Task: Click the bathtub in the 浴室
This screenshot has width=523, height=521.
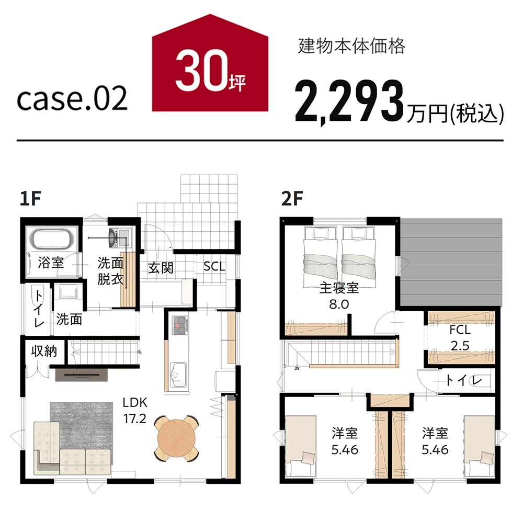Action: [51, 238]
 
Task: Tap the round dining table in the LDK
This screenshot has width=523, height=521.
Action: [176, 438]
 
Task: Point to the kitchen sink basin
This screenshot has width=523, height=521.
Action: [178, 375]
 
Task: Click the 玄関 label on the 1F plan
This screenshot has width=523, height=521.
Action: [161, 268]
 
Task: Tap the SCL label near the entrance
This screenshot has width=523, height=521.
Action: [214, 266]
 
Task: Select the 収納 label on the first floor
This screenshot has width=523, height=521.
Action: [44, 351]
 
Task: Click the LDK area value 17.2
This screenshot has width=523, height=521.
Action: [135, 419]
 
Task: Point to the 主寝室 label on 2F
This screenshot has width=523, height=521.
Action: [339, 288]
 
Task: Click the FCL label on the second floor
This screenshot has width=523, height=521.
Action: [460, 330]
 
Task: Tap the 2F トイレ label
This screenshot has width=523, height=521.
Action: [464, 380]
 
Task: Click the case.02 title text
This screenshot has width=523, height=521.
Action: [72, 98]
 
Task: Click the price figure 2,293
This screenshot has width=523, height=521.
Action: [349, 101]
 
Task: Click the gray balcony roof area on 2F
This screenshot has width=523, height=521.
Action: [451, 262]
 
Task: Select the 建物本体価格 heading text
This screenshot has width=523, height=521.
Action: [351, 47]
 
